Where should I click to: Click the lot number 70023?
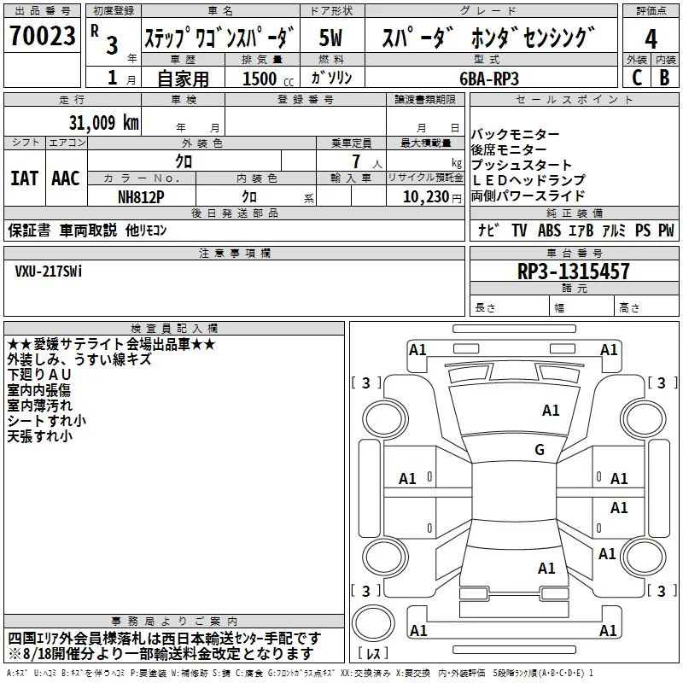click(x=42, y=35)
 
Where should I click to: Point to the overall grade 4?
click(x=651, y=38)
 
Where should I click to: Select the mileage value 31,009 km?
click(x=103, y=123)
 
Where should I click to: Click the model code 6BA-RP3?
click(x=489, y=79)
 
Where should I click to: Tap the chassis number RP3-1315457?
click(x=573, y=271)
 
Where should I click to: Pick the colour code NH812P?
click(x=141, y=197)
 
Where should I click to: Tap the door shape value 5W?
click(x=330, y=38)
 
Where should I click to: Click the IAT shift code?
click(x=25, y=178)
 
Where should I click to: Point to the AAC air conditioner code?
click(x=66, y=178)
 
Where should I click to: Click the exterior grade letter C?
click(x=636, y=78)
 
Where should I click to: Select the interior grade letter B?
click(x=665, y=78)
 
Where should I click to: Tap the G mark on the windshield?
click(x=540, y=449)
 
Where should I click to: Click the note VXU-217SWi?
click(x=49, y=271)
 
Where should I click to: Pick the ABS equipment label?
click(x=549, y=230)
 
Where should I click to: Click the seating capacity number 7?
click(x=356, y=161)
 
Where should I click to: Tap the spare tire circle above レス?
click(x=373, y=623)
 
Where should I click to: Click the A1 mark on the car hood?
click(x=551, y=410)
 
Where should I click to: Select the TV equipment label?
click(x=519, y=230)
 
